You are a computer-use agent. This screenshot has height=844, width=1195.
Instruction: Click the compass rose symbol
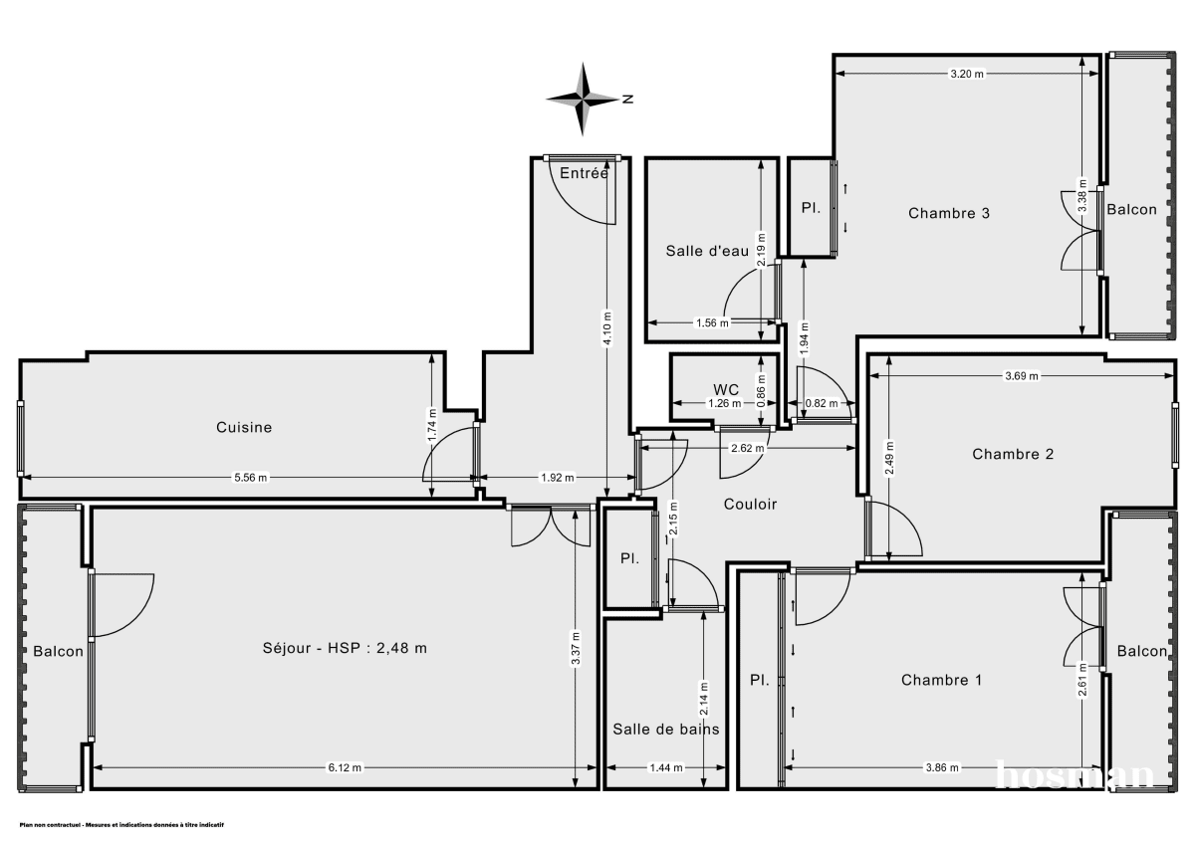[x=585, y=99]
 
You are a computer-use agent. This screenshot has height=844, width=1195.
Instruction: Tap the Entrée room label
[x=584, y=173]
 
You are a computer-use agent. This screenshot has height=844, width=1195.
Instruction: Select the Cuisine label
[x=244, y=427]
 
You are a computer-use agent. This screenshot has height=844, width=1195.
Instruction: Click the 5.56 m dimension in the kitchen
[x=250, y=478]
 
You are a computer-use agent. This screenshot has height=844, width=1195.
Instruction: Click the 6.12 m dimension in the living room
[x=345, y=767]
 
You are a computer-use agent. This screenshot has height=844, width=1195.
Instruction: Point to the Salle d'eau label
[x=706, y=251]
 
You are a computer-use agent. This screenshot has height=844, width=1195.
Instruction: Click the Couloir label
[x=750, y=504]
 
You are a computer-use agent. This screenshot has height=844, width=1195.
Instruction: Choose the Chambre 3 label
[x=948, y=213]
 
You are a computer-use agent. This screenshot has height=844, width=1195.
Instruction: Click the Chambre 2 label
[x=1013, y=454]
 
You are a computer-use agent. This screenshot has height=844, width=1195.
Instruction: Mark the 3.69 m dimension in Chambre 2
[x=1021, y=376]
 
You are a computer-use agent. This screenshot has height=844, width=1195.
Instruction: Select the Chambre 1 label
[x=941, y=680]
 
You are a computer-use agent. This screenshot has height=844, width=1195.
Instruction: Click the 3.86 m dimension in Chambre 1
[x=941, y=767]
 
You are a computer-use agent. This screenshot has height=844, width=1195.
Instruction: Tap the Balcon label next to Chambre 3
[x=1132, y=209]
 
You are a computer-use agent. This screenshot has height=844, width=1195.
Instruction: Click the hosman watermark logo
[x=1075, y=773]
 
